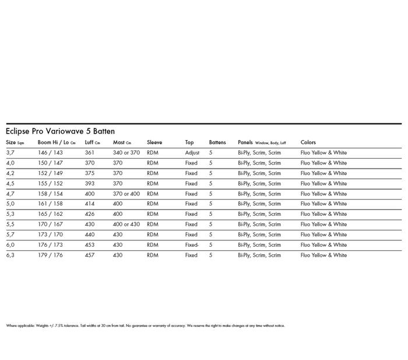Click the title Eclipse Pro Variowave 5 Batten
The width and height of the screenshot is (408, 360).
[x=61, y=132]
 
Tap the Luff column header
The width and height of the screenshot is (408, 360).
[x=92, y=142]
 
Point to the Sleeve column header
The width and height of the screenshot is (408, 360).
[x=154, y=142]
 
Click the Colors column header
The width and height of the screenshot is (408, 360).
[x=308, y=142]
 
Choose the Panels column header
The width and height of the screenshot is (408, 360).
[x=262, y=142]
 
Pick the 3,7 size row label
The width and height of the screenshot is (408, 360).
[x=10, y=153]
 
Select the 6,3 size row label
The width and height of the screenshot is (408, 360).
[x=10, y=255]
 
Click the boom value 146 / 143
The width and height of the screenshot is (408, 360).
[x=50, y=153]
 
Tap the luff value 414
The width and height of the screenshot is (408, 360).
[x=89, y=204]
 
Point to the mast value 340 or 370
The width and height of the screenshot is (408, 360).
[x=126, y=153]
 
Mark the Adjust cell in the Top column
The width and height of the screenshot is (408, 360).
[x=192, y=153]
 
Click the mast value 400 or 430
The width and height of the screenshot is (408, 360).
[x=126, y=224]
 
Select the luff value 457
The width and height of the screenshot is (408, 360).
[x=89, y=255]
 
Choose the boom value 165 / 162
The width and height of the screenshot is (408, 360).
[x=50, y=214]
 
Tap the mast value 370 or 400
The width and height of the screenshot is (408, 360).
[x=126, y=194]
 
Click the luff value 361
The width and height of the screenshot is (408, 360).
[x=89, y=153]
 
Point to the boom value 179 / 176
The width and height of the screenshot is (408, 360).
[x=50, y=255]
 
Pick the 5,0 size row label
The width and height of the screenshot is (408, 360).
[x=10, y=204]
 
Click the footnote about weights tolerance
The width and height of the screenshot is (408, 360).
[x=145, y=326]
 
